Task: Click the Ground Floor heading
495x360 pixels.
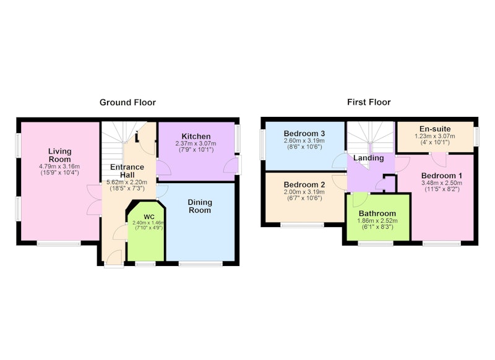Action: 127,103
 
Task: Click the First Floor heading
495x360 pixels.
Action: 369,102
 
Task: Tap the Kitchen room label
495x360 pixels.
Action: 196,136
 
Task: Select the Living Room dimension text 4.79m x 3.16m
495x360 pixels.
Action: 59,166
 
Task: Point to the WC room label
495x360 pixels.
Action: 149,217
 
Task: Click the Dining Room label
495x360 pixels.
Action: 200,206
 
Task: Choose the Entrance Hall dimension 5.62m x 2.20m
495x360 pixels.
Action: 127,182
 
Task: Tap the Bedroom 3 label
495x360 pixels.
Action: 304,134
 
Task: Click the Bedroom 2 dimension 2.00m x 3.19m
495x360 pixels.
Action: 304,192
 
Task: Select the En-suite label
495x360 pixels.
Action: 435,129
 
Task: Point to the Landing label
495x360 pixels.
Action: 368,158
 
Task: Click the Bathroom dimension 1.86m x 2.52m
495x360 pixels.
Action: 377,221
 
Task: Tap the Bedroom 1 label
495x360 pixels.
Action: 442,176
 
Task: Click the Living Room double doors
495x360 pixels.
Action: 94,200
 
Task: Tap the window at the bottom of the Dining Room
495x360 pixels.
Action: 200,264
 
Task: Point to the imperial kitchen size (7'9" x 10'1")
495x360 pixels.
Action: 196,150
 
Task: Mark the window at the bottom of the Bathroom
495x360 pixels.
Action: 376,243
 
